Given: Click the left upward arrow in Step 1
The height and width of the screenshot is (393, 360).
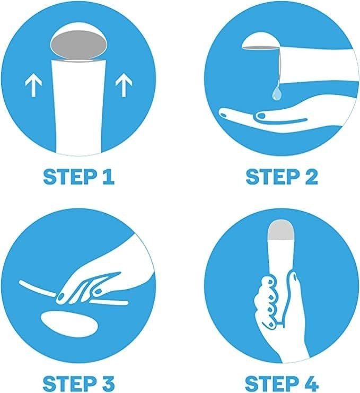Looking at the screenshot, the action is pos(33,86).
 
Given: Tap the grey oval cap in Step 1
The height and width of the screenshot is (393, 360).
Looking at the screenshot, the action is pos(78,46).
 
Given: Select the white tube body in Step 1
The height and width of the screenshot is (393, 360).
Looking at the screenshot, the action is pos(78,106).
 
